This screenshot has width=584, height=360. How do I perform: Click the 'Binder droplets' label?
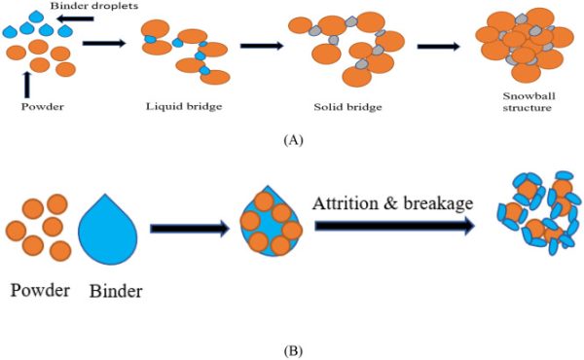click(69, 7)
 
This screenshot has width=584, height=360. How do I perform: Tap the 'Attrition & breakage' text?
click(394, 203)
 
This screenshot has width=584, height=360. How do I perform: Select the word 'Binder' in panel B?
click(116, 290)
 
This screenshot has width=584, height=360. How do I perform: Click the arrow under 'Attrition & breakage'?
click(394, 227)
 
